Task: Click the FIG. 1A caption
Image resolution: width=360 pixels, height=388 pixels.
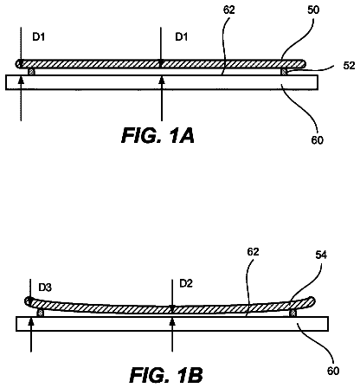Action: [157, 135]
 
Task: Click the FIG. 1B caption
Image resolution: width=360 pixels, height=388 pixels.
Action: [166, 375]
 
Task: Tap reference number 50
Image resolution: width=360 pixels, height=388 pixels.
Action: [313, 10]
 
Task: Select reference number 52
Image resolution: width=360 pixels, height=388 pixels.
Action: [349, 66]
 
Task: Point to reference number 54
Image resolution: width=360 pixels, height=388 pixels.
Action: [321, 255]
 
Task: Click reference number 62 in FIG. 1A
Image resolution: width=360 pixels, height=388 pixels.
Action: [229, 10]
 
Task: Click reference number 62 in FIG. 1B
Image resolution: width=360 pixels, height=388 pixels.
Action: [253, 252]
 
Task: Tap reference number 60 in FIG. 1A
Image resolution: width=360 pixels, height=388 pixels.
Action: [317, 140]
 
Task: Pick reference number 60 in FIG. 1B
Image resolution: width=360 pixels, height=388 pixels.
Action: [333, 371]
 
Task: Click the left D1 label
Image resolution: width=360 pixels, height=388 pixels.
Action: [39, 37]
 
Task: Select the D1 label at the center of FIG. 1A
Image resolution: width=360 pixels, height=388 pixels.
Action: [182, 37]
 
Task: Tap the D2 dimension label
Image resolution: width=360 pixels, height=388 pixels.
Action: [186, 283]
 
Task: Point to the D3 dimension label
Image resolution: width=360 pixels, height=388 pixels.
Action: [45, 288]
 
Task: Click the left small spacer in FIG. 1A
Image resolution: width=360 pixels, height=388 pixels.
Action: [31, 72]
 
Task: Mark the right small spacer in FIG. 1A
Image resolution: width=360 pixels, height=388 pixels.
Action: [285, 72]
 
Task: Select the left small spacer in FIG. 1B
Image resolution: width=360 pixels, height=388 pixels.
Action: [41, 313]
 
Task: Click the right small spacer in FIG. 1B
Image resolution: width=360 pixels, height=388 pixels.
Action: [294, 314]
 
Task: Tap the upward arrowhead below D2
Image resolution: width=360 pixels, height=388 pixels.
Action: [172, 320]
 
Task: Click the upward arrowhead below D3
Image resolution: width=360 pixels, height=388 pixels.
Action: [31, 320]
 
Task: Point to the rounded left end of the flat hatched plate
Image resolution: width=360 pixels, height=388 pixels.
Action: [19, 64]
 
